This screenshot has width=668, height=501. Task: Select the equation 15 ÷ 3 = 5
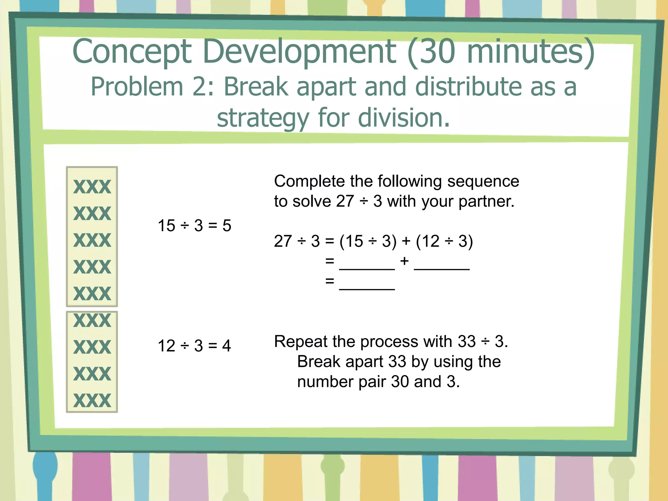click(x=194, y=225)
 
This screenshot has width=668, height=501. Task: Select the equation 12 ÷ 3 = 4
click(x=194, y=345)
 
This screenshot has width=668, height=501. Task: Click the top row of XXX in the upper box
click(x=92, y=187)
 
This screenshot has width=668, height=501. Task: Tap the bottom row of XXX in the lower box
click(x=92, y=401)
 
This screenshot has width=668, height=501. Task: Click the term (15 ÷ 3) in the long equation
click(x=368, y=241)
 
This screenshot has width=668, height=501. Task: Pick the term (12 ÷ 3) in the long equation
click(x=445, y=241)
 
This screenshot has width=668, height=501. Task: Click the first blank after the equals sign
click(x=367, y=266)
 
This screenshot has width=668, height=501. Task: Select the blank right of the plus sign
click(x=442, y=266)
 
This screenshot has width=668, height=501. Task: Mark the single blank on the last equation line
click(x=367, y=286)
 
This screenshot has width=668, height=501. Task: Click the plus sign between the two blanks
click(x=404, y=261)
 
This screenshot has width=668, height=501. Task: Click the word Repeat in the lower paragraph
click(x=301, y=342)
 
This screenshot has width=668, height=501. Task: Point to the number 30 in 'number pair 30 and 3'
click(x=400, y=382)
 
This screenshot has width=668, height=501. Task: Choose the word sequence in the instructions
click(x=483, y=181)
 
